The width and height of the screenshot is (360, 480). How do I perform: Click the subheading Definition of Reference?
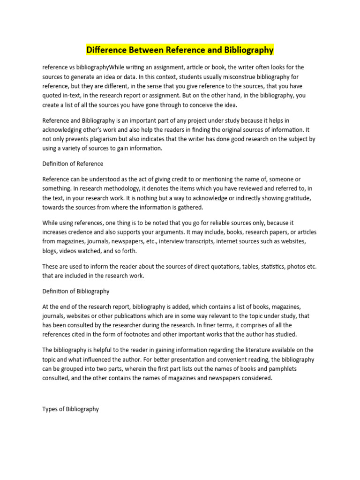pyautogui.click(x=73, y=164)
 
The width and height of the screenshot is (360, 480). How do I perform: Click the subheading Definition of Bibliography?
pyautogui.click(x=76, y=291)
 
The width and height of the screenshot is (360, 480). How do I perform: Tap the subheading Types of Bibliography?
pyautogui.click(x=71, y=409)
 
